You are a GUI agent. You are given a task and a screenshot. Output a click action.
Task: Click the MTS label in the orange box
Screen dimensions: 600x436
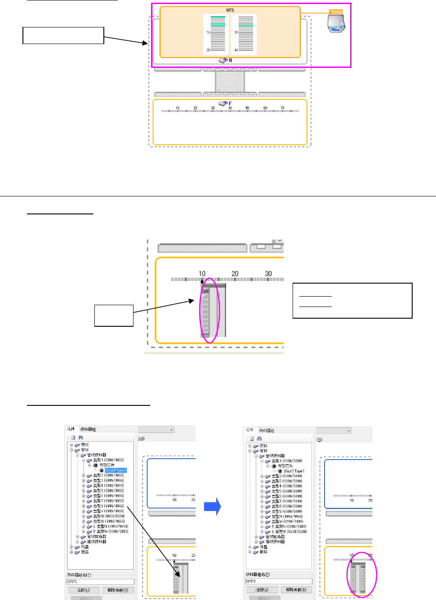pos(230,10)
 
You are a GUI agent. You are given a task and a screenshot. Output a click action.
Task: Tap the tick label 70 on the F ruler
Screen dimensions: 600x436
pos(282,108)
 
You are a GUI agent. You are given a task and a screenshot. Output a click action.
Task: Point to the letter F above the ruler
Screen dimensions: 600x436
pos(230,103)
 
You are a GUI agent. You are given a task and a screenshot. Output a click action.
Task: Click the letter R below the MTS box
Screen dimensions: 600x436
pos(231,60)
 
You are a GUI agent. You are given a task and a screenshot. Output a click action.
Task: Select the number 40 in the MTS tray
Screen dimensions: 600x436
pos(236,50)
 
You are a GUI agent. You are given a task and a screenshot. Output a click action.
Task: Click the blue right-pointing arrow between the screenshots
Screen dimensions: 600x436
pos(212,507)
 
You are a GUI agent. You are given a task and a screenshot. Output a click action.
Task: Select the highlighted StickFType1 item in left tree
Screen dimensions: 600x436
pos(116,470)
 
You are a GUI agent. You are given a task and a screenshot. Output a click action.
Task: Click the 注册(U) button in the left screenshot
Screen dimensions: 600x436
pos(84,590)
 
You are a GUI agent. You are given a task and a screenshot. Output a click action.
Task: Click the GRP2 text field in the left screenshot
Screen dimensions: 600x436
pos(100,582)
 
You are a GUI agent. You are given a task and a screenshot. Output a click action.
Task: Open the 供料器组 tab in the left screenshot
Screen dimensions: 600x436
pos(88,429)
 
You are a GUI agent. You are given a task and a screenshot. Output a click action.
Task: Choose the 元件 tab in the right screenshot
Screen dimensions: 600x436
pos(250,430)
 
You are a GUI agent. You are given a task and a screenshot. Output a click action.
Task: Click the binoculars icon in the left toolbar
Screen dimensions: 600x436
pos(80,437)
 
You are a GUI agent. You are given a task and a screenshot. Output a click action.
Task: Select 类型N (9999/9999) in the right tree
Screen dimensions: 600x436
pos(287,516)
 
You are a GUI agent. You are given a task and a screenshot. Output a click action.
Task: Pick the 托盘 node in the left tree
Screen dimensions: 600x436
pos(85,547)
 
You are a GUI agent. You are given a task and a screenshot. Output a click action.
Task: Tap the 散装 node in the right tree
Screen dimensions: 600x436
pos(264,552)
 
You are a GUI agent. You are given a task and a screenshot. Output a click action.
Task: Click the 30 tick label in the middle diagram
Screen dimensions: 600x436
pos(268,273)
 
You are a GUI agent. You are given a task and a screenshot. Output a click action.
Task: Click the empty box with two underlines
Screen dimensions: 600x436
pos(352,301)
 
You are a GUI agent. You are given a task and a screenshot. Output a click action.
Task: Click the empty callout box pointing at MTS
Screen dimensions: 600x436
pos(63,36)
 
